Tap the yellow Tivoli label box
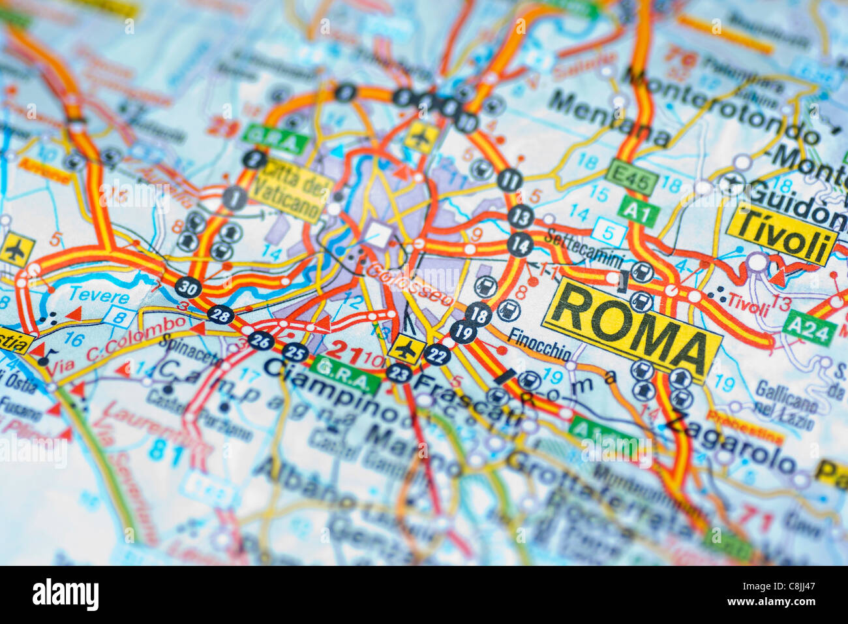pos(781,234)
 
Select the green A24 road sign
pos(808,328)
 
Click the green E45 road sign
pos(630,177)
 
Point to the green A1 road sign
pos(638,210)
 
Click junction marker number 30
pos(188,287)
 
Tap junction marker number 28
pos(220,315)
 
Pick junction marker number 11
pos(509,179)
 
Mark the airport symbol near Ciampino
pos(406,349)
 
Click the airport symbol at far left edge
pos(17,249)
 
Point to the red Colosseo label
pos(409,284)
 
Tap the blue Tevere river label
pos(98,296)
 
